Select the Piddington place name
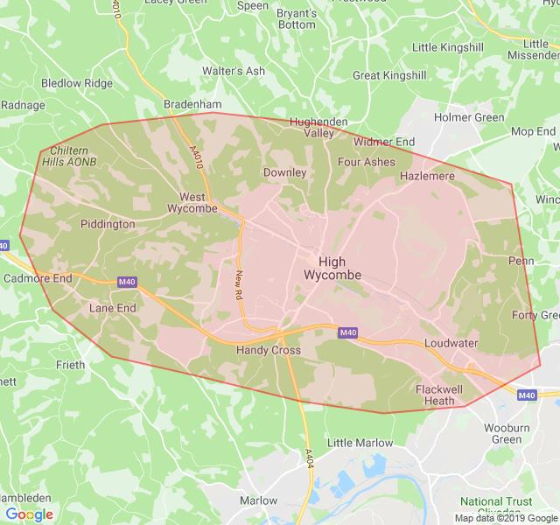tap(108, 224)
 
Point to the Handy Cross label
tap(268, 350)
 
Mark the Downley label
tap(285, 172)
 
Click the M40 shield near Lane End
tap(125, 282)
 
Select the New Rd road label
tap(238, 285)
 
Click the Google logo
tap(28, 514)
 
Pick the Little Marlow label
tap(360, 443)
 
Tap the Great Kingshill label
tap(390, 75)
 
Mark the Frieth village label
tap(70, 365)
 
